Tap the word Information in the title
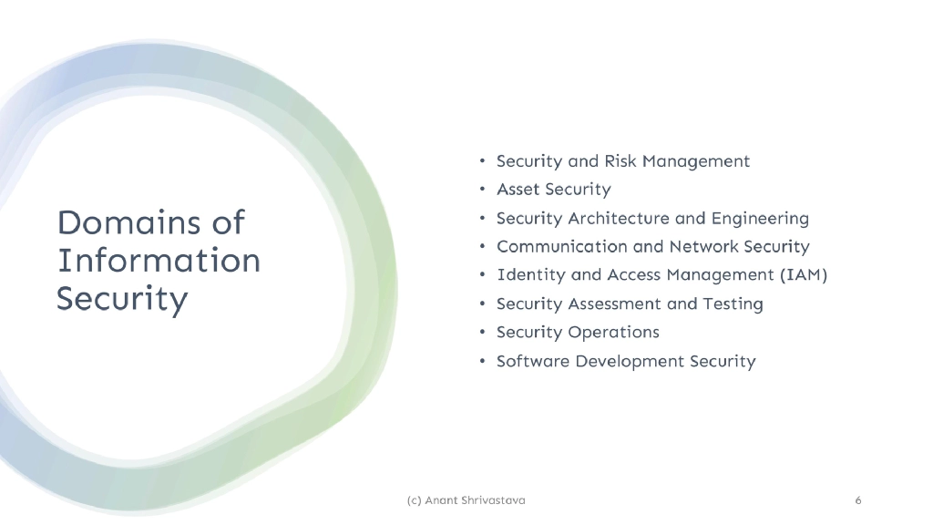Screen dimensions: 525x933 point(159,261)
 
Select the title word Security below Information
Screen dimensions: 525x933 point(122,300)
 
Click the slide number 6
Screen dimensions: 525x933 point(858,500)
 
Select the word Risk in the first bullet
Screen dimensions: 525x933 point(620,161)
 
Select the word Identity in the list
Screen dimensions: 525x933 point(529,275)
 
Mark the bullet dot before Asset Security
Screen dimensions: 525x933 point(482,190)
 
